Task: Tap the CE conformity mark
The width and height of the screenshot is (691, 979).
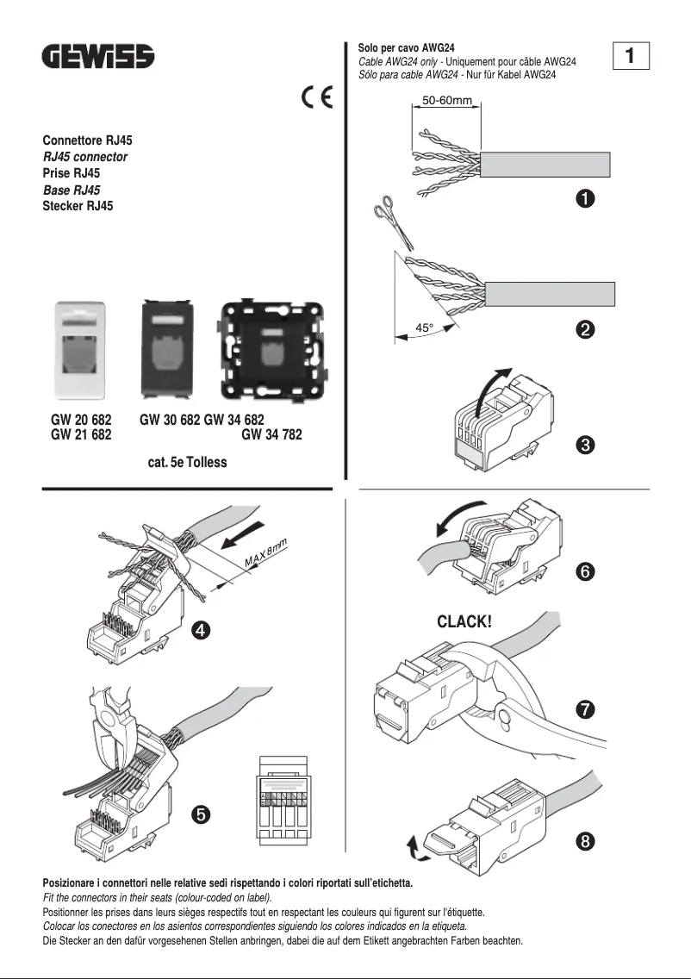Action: click(x=317, y=98)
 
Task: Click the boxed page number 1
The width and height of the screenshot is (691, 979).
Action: click(x=631, y=56)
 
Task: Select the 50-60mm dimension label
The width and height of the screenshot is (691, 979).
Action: click(x=446, y=101)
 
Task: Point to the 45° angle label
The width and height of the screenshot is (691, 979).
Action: click(x=425, y=328)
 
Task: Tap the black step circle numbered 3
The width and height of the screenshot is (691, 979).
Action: click(x=584, y=445)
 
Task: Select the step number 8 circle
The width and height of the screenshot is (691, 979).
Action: click(x=584, y=842)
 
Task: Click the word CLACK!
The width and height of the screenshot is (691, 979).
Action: click(x=464, y=621)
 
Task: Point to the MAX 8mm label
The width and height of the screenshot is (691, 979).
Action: click(x=265, y=552)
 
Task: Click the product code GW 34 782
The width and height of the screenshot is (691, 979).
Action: click(x=271, y=435)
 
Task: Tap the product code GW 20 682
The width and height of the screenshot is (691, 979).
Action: click(x=81, y=421)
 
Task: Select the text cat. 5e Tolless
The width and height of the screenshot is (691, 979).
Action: click(x=187, y=463)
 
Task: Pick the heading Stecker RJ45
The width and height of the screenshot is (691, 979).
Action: click(x=78, y=206)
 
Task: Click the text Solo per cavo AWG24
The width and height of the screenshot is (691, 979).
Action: click(x=406, y=48)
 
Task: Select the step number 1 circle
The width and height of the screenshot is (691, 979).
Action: click(x=584, y=199)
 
